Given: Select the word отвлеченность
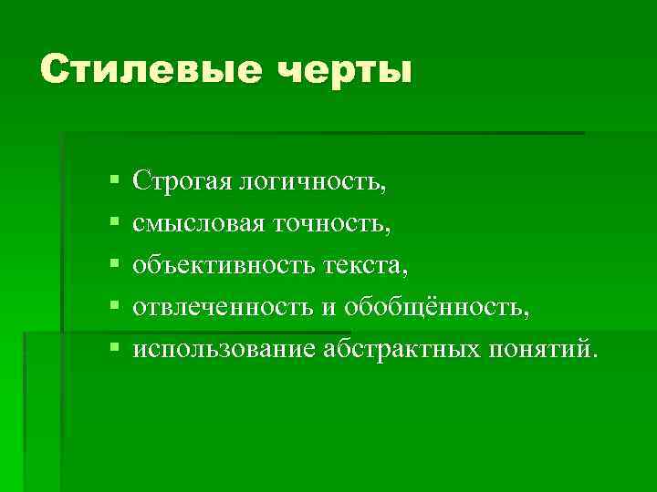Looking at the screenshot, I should coord(222,307).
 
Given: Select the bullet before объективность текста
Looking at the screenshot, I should coord(111,266).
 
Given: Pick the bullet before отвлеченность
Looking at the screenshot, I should coord(111,308).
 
